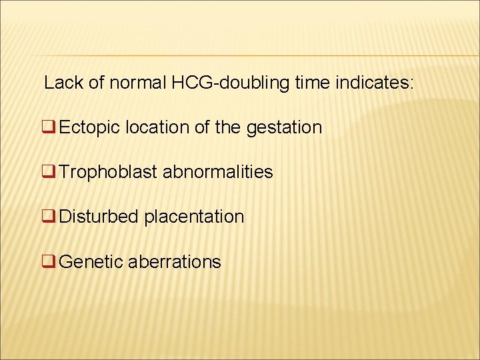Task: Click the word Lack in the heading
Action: [61, 83]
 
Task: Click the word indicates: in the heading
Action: [378, 83]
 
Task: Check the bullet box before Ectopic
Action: [49, 127]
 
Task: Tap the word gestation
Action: [284, 127]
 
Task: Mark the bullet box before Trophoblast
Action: [49, 172]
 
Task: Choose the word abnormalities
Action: [218, 172]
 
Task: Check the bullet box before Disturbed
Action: [49, 217]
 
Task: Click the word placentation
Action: [194, 217]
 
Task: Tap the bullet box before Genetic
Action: [49, 262]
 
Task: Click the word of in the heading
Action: [97, 83]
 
